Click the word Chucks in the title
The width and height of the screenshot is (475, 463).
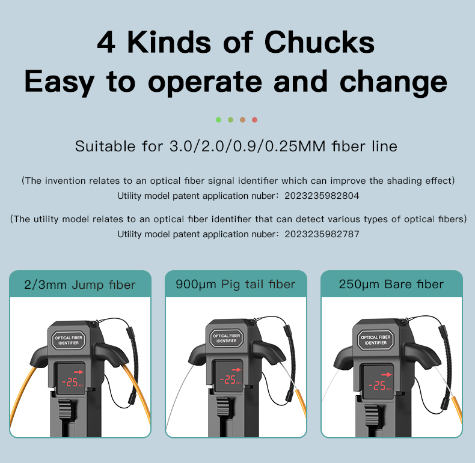tap(319, 42)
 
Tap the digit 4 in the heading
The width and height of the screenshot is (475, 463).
tap(106, 43)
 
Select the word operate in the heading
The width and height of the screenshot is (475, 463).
tap(205, 82)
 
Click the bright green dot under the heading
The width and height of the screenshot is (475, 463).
tap(218, 120)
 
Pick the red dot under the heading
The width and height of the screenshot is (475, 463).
tap(255, 120)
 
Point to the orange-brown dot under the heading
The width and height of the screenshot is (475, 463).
tap(243, 120)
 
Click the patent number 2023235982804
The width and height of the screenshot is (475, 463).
tap(322, 196)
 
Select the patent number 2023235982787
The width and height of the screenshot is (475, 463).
tap(322, 234)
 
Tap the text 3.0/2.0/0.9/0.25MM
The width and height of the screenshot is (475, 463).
tap(248, 147)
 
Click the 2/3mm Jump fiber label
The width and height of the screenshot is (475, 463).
tap(80, 285)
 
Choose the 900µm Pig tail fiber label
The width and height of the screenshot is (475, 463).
tap(235, 285)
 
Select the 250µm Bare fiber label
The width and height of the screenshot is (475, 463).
tap(391, 285)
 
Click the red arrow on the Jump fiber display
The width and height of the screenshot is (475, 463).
tap(78, 372)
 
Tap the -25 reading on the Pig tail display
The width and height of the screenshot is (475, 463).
tap(228, 380)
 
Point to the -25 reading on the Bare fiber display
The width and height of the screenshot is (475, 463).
tap(377, 385)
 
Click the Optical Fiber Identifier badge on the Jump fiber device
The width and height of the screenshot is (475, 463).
tap(69, 340)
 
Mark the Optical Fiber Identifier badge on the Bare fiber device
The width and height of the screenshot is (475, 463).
tap(376, 340)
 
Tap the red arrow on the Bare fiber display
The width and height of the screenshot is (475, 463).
tap(387, 375)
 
